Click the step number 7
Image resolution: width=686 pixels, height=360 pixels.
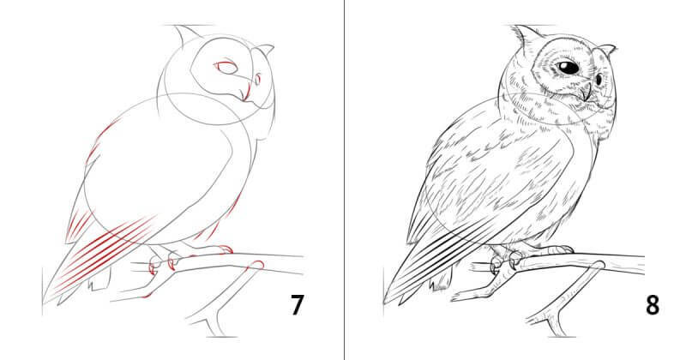[x=297, y=305]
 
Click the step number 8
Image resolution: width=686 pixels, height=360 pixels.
[x=653, y=305]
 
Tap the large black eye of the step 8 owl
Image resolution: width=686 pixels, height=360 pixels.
[x=569, y=68]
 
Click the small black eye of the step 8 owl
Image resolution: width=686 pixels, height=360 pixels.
[x=599, y=80]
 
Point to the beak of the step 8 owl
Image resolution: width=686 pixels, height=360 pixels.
[x=587, y=92]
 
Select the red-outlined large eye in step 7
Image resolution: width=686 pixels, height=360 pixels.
[x=226, y=68]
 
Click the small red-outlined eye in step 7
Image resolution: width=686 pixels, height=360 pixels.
[x=258, y=80]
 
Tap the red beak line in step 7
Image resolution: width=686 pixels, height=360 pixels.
[x=246, y=93]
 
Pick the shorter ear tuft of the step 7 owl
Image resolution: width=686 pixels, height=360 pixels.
[x=264, y=49]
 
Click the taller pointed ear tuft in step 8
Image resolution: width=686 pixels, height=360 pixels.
[x=526, y=35]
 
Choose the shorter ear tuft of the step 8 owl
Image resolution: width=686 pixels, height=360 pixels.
[x=606, y=49]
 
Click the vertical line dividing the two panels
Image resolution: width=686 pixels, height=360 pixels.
[x=345, y=180]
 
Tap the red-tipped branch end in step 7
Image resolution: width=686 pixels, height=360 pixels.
[x=257, y=265]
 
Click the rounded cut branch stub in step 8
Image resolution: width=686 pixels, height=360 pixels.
[x=599, y=265]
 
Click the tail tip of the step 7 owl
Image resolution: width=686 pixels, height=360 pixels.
[x=45, y=301]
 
